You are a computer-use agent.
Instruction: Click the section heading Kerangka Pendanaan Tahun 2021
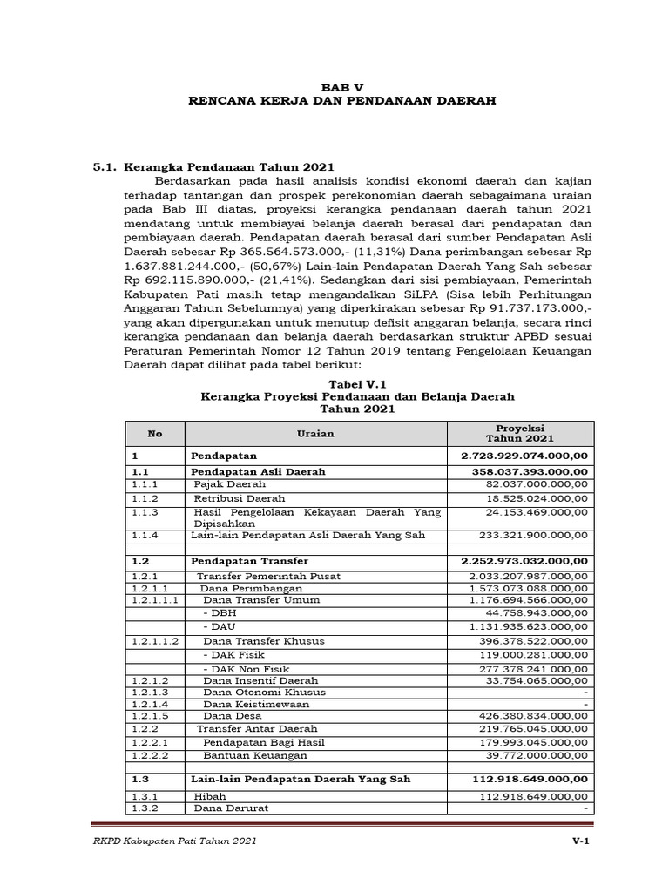229,166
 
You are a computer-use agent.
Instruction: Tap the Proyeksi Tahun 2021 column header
519,433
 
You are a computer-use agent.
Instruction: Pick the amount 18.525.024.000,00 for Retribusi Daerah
537,497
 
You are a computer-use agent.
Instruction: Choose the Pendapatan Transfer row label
250,561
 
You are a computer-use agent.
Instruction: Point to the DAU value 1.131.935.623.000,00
529,626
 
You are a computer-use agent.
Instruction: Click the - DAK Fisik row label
234,653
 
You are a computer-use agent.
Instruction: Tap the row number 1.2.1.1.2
155,640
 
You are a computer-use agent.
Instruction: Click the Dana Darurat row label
231,808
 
